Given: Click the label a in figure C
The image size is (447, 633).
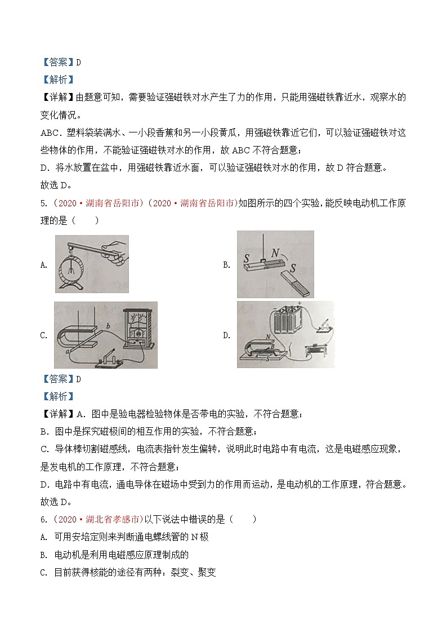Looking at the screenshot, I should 68,351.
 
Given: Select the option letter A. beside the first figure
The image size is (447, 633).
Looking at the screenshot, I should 44,265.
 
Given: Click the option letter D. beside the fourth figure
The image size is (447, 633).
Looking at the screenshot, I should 226,335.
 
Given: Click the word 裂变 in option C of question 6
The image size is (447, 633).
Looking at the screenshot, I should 181,572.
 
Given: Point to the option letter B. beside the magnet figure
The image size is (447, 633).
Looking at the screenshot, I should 226,265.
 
